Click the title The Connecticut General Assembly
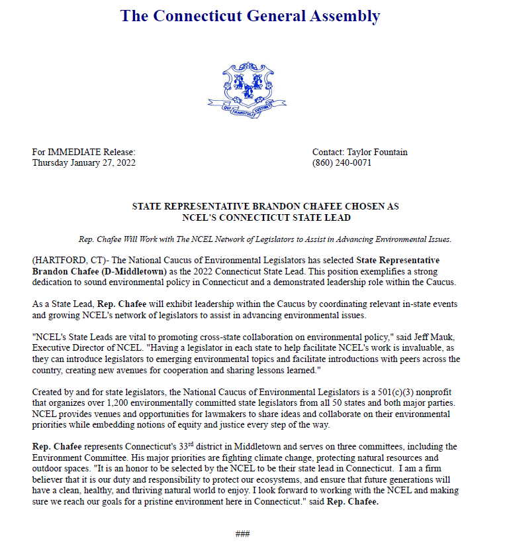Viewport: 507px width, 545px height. (x=250, y=16)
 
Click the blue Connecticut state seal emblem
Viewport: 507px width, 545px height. (x=250, y=90)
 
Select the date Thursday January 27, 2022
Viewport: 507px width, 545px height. (x=83, y=162)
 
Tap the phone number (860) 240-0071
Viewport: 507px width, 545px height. (x=342, y=162)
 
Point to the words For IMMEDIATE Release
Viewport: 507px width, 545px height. (x=83, y=152)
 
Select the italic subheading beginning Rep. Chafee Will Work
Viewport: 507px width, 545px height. (x=265, y=239)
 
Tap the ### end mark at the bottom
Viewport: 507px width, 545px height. (x=242, y=533)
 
